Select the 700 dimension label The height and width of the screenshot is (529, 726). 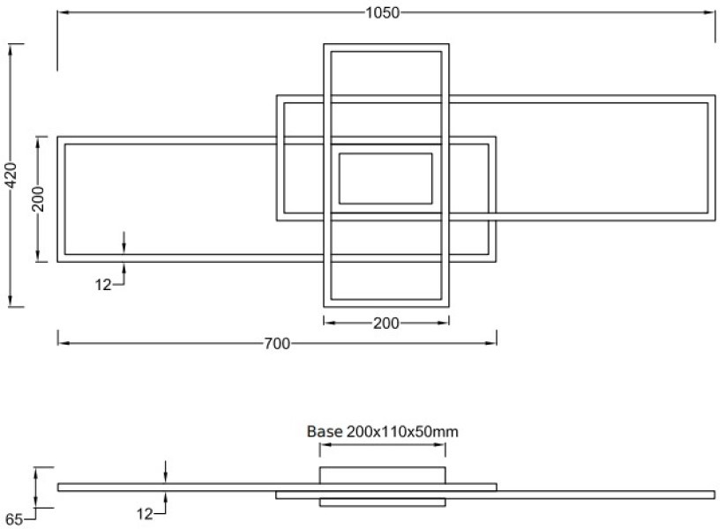point(277,344)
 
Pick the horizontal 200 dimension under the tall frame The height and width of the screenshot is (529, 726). point(385,323)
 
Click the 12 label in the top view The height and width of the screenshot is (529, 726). point(102,284)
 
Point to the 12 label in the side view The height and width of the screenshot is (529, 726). point(146,512)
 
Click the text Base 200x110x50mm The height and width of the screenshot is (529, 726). point(382,432)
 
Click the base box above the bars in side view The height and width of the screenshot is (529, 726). point(382,475)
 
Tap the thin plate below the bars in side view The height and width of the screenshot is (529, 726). point(382,503)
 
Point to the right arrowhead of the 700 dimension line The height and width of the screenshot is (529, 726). point(492,344)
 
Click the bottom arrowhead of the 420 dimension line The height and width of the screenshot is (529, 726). point(11,303)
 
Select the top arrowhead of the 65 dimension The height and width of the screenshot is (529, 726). point(35,472)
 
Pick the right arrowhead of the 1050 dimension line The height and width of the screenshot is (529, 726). point(710,12)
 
